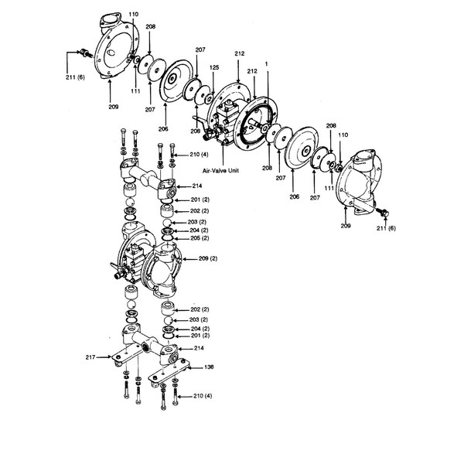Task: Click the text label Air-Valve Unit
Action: (x=220, y=171)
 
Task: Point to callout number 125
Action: (x=214, y=67)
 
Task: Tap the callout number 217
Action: (x=90, y=357)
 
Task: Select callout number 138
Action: (x=209, y=367)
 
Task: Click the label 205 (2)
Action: (x=200, y=238)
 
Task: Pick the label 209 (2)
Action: (x=208, y=258)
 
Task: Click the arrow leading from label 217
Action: (x=104, y=357)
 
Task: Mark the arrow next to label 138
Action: (x=194, y=367)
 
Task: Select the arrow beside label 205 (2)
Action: (x=182, y=238)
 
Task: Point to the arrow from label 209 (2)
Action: (x=189, y=259)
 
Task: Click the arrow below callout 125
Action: (x=213, y=83)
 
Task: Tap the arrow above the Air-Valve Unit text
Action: (x=223, y=155)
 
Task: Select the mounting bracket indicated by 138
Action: (x=169, y=372)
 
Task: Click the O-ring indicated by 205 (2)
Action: (x=168, y=238)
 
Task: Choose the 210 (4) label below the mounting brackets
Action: (x=203, y=396)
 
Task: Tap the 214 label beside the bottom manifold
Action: (x=199, y=348)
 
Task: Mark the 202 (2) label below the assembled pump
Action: (x=200, y=309)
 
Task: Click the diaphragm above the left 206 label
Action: (x=177, y=80)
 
